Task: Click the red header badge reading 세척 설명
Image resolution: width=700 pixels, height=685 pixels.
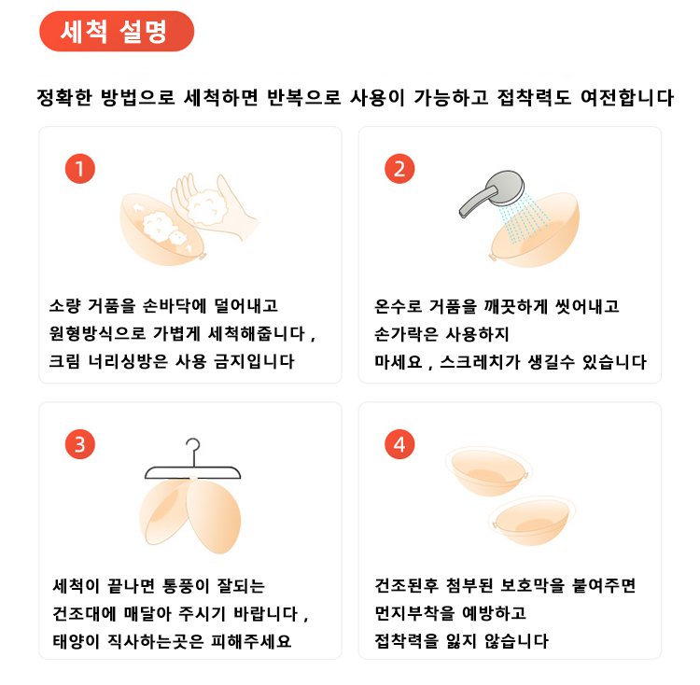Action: coord(117,31)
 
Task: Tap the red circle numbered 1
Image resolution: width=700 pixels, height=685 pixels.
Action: coord(80,169)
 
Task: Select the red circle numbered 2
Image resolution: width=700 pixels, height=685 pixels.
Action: coord(399,169)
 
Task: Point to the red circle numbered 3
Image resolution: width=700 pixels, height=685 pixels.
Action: coord(80,444)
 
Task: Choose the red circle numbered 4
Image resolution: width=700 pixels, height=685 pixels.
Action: coord(399,444)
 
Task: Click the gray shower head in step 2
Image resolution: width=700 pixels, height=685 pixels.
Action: coord(492,193)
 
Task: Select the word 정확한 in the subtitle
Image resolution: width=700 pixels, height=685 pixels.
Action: coord(64,97)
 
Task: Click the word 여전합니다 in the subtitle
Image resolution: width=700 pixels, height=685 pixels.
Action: coord(627,97)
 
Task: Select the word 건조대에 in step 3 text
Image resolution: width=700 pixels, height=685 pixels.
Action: coord(84,613)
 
